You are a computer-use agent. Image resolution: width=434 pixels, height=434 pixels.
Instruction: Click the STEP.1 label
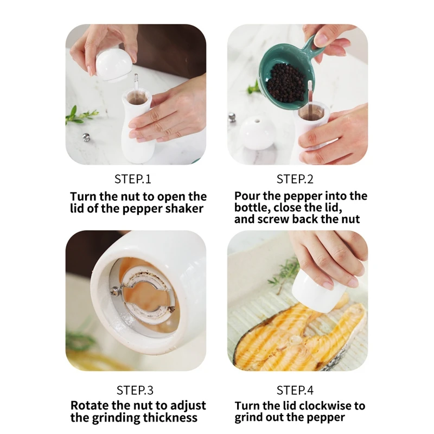[133, 179]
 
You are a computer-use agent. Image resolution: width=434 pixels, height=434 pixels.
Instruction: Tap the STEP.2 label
[295, 179]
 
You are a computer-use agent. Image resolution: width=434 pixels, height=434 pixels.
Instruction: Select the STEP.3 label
[135, 390]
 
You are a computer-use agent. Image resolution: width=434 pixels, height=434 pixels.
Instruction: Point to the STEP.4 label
[295, 390]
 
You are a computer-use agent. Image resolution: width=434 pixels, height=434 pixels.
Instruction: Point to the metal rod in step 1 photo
[136, 83]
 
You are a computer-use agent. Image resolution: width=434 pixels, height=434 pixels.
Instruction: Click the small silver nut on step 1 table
[86, 137]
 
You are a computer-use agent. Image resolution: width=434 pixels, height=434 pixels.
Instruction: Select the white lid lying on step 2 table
[257, 132]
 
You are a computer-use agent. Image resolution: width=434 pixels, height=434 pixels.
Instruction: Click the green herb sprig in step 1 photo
[80, 115]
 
